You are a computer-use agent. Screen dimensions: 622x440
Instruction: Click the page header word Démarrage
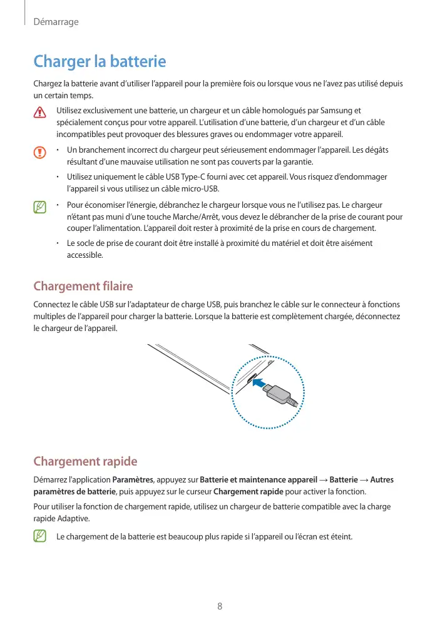tap(56, 22)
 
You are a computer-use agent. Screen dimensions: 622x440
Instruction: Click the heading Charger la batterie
tap(100, 62)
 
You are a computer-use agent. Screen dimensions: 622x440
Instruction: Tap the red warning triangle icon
tap(41, 113)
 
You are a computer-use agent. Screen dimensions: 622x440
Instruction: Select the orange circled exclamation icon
tap(41, 152)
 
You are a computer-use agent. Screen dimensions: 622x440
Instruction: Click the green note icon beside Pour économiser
tap(41, 206)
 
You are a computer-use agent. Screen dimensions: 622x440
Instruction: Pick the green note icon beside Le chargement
tap(41, 536)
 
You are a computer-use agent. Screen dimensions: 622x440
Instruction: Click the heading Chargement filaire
tap(83, 287)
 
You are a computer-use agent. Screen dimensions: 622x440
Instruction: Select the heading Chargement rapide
tap(84, 462)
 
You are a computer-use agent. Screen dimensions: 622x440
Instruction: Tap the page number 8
tap(220, 606)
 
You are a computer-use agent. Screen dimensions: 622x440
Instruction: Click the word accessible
tap(85, 255)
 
